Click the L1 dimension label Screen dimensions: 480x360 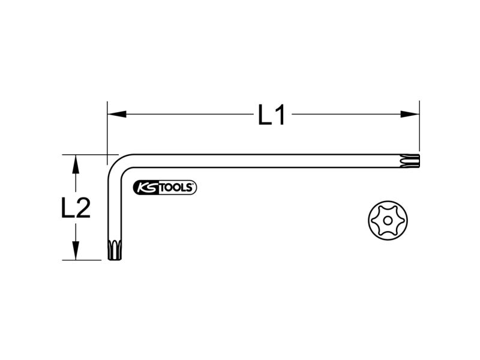272,115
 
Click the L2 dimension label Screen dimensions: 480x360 76,208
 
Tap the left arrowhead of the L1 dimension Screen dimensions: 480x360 117,114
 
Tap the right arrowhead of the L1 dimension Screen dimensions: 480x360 410,114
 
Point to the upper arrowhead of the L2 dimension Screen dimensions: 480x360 76,164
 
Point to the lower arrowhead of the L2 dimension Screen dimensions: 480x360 76,251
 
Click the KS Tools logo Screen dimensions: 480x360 165,188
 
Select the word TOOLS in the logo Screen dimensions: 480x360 176,188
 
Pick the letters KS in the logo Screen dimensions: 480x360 146,188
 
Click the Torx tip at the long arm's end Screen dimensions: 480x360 410,161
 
